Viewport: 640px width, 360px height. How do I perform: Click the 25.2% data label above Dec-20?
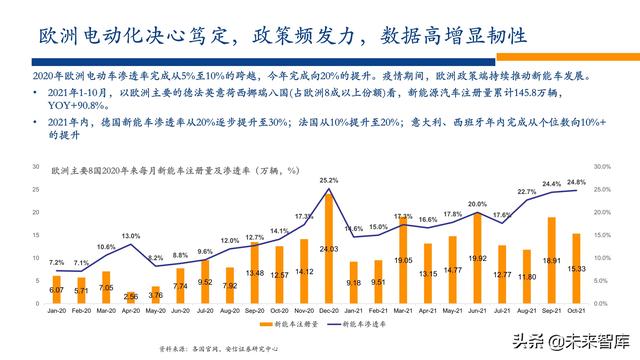click(328, 181)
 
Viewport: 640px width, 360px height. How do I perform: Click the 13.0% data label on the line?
click(131, 236)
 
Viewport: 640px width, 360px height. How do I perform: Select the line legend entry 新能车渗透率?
click(364, 326)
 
